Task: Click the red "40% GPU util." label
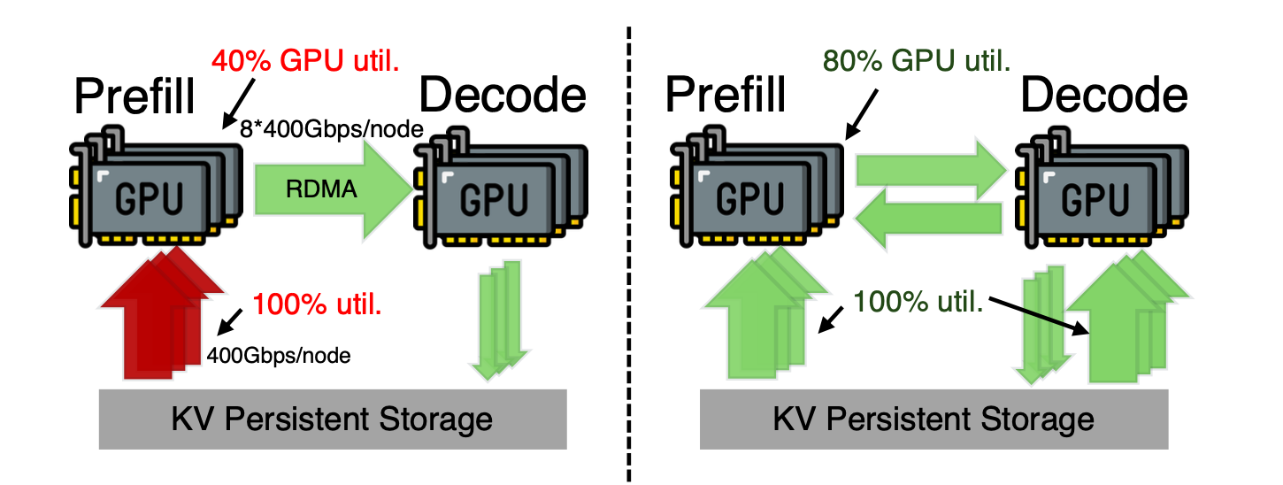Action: tap(305, 61)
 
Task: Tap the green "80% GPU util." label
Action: tap(917, 61)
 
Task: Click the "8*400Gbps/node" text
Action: tap(332, 129)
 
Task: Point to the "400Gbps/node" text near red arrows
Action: tap(279, 356)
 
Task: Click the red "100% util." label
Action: tap(317, 304)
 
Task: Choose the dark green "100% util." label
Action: tap(918, 302)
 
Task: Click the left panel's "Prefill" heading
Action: tap(134, 96)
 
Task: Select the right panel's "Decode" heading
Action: tap(1104, 95)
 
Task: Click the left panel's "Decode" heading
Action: tap(503, 95)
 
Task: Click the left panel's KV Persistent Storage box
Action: tap(333, 420)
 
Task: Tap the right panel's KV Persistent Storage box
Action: tap(933, 420)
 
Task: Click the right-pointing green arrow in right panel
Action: tap(932, 170)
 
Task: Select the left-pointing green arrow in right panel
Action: tap(928, 219)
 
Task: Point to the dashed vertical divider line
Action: tap(629, 254)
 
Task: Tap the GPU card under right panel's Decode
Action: tap(1102, 187)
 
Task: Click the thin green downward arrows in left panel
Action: tap(498, 320)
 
